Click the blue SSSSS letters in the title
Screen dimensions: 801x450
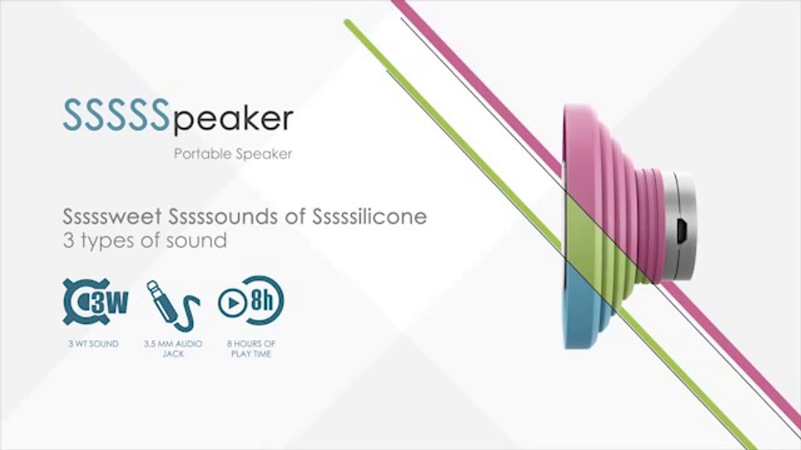tap(116, 114)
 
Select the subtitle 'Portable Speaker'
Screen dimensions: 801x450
tap(233, 154)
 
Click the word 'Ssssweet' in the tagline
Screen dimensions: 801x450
tap(112, 216)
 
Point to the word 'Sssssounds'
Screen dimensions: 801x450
tap(223, 216)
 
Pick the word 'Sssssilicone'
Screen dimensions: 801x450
tap(369, 216)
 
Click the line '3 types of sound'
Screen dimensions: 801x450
tap(145, 241)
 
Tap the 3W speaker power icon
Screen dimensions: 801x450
tap(95, 302)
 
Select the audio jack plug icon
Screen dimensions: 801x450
tap(173, 306)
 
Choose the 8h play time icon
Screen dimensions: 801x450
tap(251, 301)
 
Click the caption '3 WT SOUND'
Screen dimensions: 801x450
tap(93, 344)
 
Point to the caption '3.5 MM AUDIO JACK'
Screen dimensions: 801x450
tap(173, 349)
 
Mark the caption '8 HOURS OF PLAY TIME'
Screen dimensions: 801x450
tap(251, 349)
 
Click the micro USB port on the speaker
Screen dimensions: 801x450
tap(682, 231)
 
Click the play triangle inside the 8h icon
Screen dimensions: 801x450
tap(233, 303)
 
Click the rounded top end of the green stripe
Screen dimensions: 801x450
tap(347, 22)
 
